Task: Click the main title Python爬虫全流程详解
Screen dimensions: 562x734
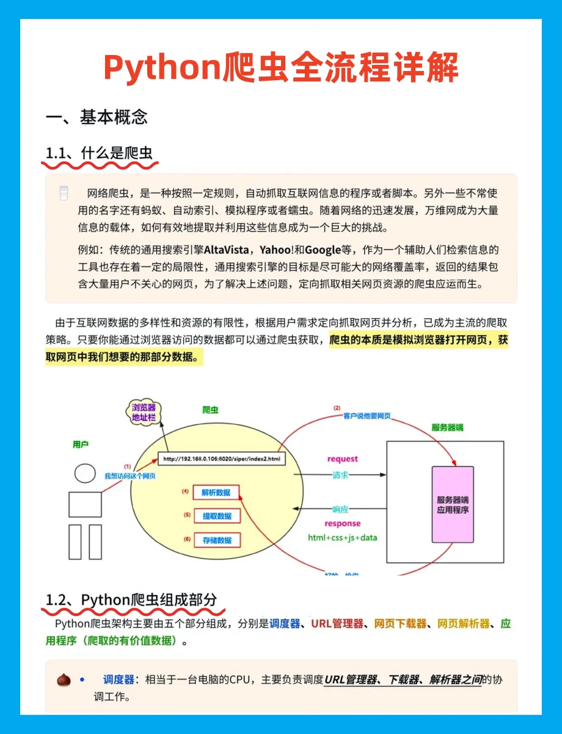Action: pyautogui.click(x=281, y=67)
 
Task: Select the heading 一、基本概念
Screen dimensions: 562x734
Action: pyautogui.click(x=97, y=117)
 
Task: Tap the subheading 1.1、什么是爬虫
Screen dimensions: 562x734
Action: pyautogui.click(x=99, y=153)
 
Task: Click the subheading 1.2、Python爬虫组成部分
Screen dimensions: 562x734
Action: pyautogui.click(x=131, y=599)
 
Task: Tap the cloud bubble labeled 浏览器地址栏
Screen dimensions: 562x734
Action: pyautogui.click(x=144, y=412)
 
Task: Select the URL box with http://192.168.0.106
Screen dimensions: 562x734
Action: pyautogui.click(x=222, y=459)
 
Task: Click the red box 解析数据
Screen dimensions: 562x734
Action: pyautogui.click(x=216, y=492)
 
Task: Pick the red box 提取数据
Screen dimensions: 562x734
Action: pyautogui.click(x=216, y=516)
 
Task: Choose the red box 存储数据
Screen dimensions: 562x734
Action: pyautogui.click(x=216, y=540)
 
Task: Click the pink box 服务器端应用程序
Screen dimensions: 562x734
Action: pyautogui.click(x=453, y=504)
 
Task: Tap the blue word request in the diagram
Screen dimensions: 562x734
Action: pyautogui.click(x=343, y=459)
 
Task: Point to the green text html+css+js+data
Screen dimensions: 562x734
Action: pyautogui.click(x=343, y=538)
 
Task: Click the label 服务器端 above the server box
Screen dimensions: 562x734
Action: pyautogui.click(x=448, y=428)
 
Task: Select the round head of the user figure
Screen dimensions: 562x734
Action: pyautogui.click(x=85, y=472)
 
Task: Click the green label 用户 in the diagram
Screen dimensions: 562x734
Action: pyautogui.click(x=81, y=445)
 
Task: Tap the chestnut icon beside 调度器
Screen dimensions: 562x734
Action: pyautogui.click(x=64, y=680)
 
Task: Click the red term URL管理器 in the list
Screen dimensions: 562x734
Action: pyautogui.click(x=337, y=624)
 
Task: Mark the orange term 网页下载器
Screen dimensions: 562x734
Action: pyautogui.click(x=400, y=624)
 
